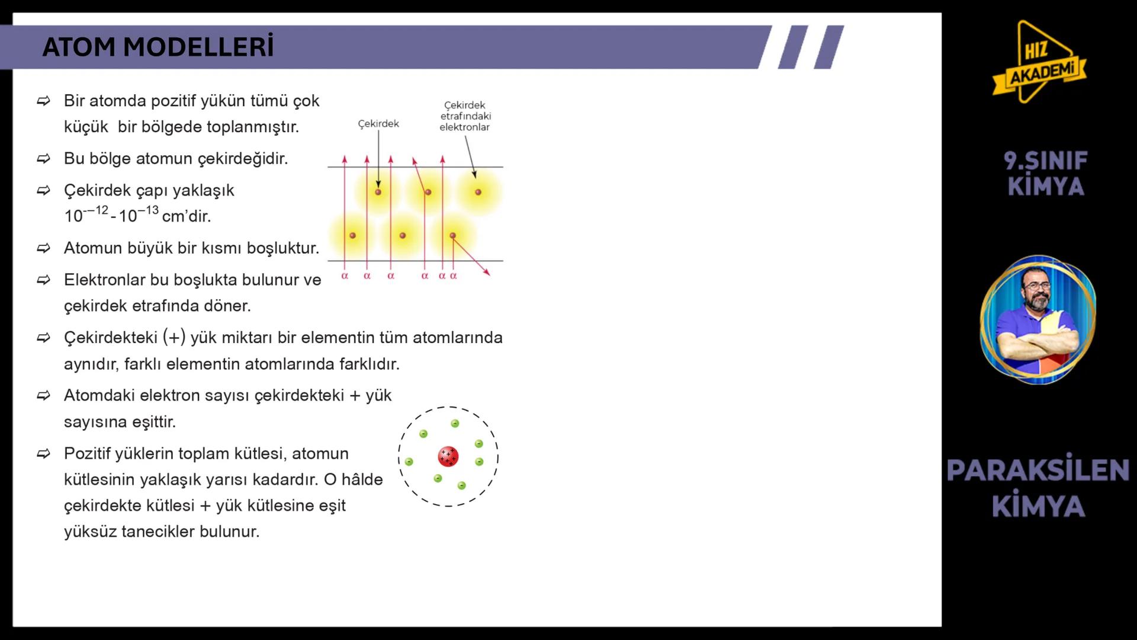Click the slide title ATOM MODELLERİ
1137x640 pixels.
click(158, 47)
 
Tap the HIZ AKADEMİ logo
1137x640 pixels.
click(1040, 62)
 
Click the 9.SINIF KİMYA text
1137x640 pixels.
click(1046, 174)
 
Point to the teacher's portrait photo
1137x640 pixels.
click(1038, 320)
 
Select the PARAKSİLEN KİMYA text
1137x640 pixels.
click(1038, 488)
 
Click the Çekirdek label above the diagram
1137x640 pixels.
click(378, 124)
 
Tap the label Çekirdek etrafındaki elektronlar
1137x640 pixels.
click(465, 116)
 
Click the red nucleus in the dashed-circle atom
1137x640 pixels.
click(448, 457)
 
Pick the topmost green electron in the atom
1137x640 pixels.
click(455, 424)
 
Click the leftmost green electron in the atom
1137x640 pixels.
click(409, 462)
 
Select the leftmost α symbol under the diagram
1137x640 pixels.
click(345, 276)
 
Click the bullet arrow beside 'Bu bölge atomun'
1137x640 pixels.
click(44, 159)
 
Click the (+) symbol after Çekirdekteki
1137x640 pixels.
click(174, 338)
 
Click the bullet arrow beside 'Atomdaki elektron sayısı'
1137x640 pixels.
click(44, 395)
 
